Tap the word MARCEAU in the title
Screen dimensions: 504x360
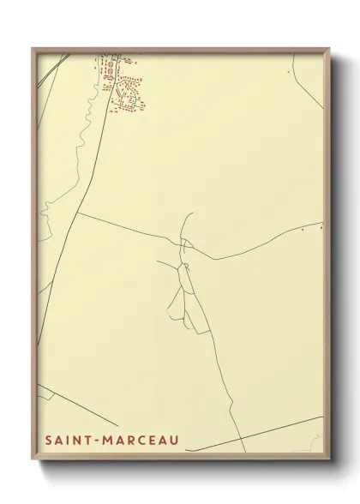click(137, 440)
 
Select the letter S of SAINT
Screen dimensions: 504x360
click(48, 440)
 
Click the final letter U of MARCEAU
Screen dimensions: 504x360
click(175, 440)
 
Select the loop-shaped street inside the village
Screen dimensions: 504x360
click(128, 99)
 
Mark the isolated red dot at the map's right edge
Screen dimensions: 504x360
click(321, 227)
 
